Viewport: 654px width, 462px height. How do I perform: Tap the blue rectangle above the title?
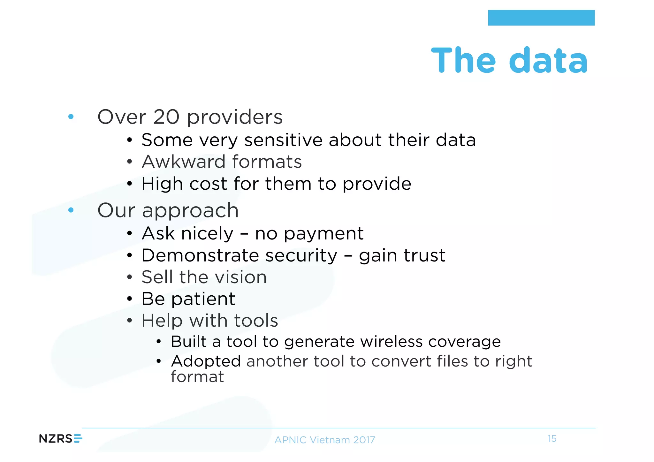pos(541,18)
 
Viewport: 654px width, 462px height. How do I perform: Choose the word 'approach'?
pos(190,211)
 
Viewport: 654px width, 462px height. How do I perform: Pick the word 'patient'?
pos(203,299)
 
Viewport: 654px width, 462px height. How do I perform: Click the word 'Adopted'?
pos(206,362)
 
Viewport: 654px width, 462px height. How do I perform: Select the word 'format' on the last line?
pos(197,377)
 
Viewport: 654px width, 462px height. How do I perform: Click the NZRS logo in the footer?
pos(60,439)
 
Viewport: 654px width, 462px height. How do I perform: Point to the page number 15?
pos(552,439)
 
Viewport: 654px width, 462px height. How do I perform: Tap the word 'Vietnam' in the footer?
pos(330,440)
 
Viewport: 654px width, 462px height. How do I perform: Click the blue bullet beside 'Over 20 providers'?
pos(71,117)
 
